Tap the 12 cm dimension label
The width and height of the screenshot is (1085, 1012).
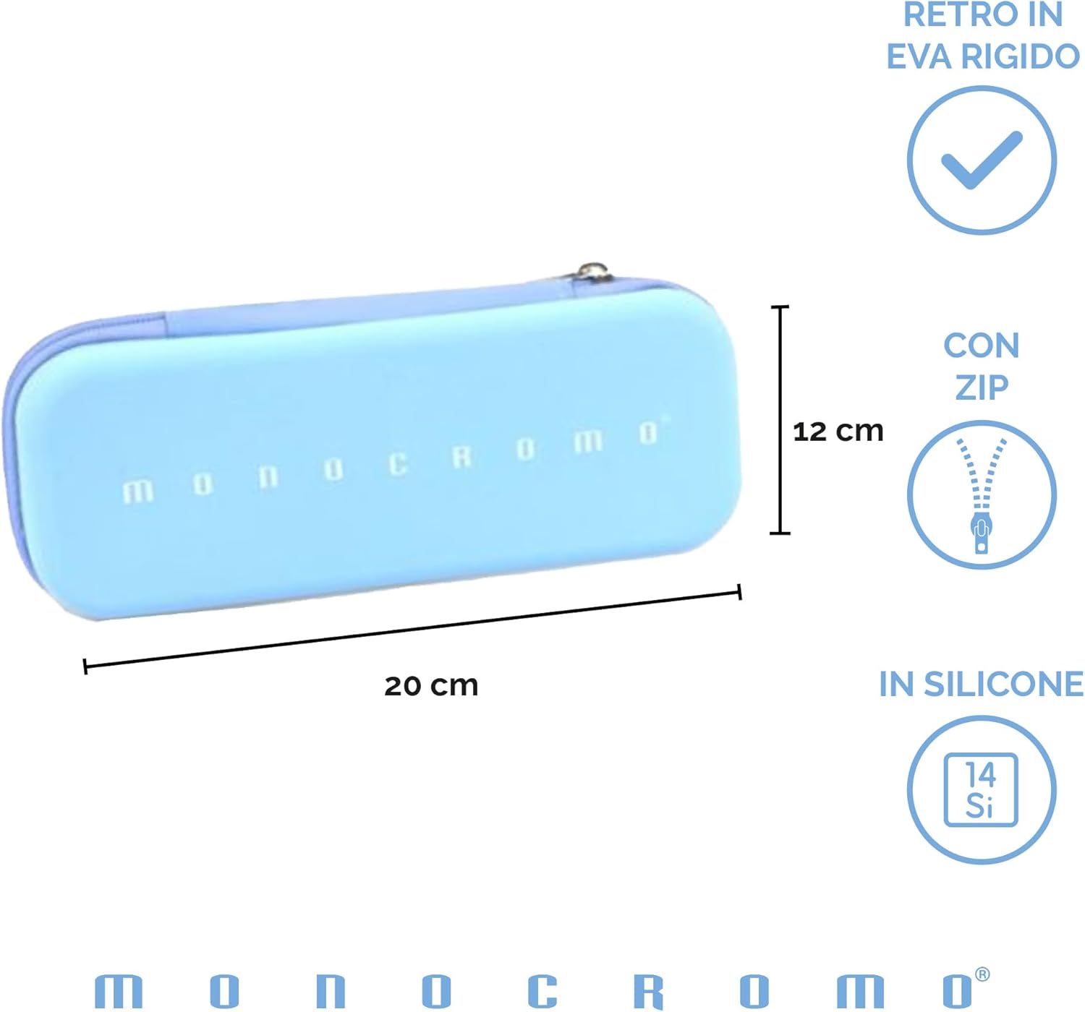[838, 432]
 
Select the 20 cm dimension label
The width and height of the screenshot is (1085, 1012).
[431, 685]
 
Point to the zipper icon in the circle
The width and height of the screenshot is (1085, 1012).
[982, 495]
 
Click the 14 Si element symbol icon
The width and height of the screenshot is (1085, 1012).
[981, 789]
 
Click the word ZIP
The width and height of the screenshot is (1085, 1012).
[982, 387]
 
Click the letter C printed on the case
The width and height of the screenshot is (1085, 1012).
[397, 464]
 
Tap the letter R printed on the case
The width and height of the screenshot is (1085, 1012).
[461, 457]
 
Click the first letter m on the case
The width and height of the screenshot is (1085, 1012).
[137, 492]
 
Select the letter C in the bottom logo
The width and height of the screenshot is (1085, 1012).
[542, 990]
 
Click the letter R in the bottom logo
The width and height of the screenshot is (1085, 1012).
[648, 990]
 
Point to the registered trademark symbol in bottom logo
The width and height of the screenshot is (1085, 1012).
[982, 974]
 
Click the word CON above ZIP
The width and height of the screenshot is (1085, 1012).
[982, 346]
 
